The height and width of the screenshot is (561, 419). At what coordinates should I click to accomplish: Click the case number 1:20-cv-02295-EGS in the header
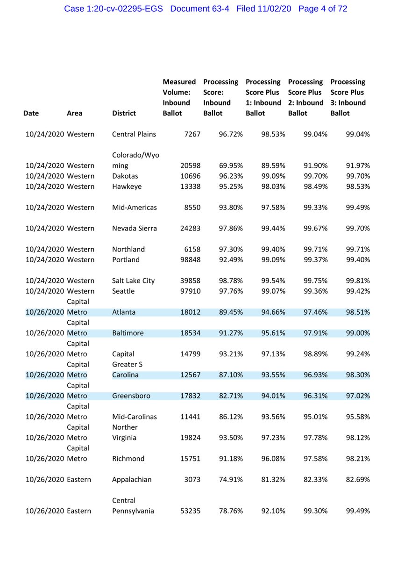[113, 9]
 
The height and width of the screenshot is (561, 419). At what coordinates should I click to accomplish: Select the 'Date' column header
[31, 113]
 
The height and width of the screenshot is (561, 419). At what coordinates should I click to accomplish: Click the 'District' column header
[124, 113]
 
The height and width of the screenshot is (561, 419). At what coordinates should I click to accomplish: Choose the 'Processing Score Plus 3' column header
[348, 97]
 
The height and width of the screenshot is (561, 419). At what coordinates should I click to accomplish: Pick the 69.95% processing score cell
[231, 165]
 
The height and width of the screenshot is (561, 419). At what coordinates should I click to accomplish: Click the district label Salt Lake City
[133, 281]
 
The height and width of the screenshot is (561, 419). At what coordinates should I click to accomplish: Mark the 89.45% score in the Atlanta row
[231, 312]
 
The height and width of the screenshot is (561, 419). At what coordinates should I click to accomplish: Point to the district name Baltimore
[128, 333]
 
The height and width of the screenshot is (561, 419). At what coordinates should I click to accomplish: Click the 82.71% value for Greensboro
[231, 396]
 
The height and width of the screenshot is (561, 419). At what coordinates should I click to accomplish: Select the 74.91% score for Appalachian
[231, 480]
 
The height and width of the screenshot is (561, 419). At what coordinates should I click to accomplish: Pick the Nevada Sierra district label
[134, 229]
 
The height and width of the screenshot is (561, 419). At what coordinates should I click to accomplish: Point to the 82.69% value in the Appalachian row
[357, 480]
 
